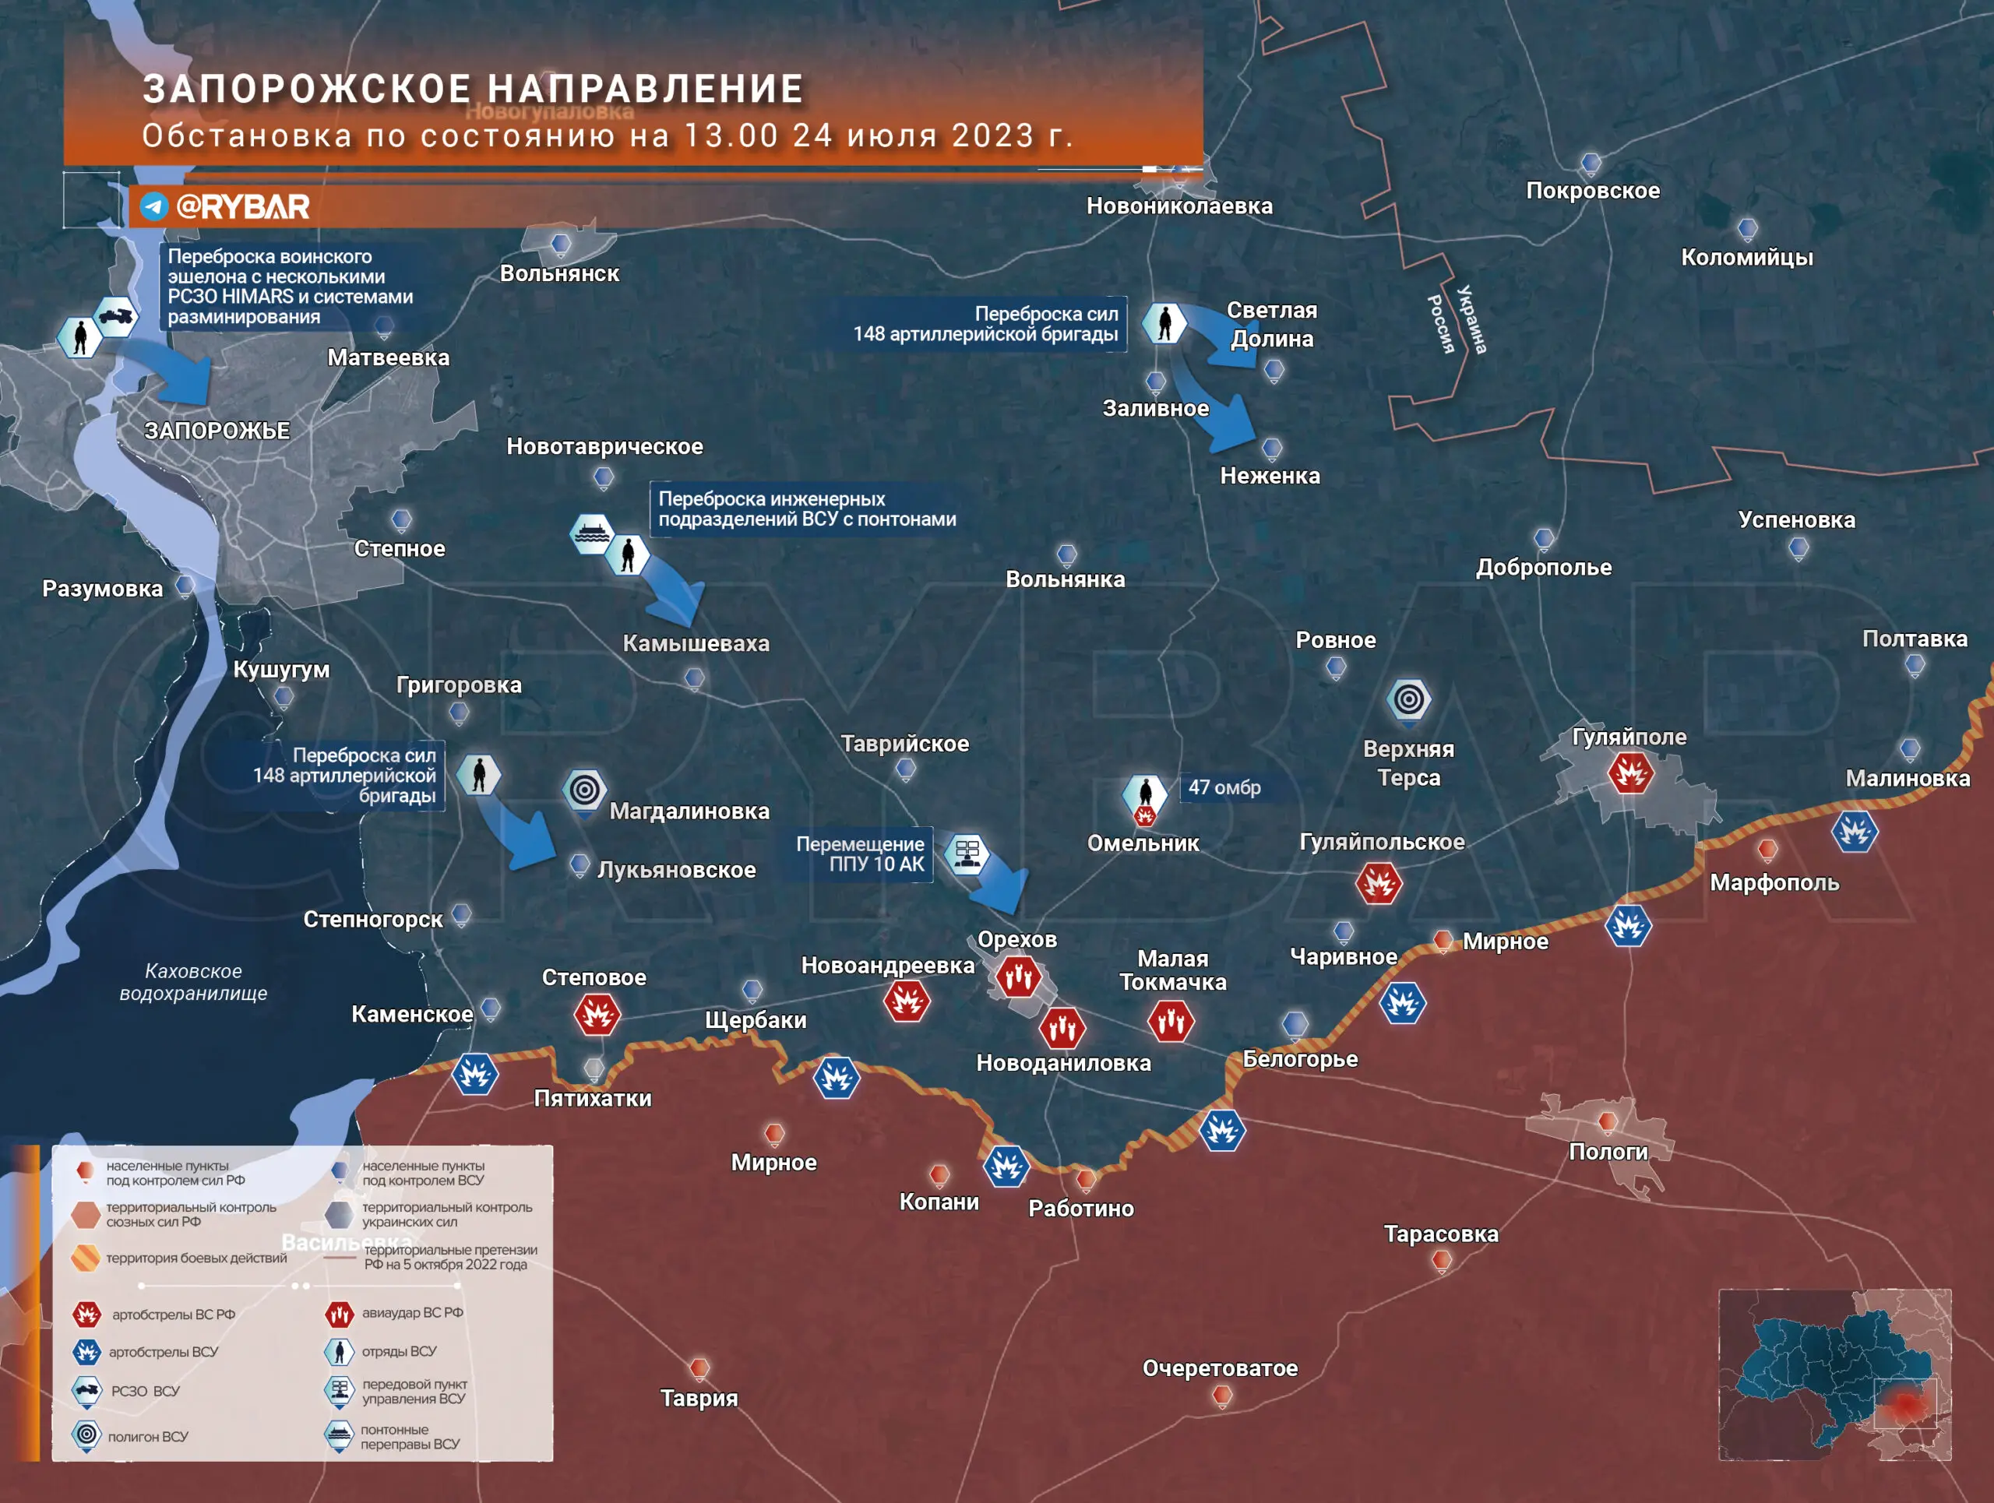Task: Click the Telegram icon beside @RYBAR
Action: coord(154,206)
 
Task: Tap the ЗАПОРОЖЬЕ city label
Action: coord(217,431)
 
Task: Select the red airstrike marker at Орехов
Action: coord(1019,977)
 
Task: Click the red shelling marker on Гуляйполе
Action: coord(1631,773)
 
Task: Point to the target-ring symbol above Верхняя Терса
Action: coord(1409,699)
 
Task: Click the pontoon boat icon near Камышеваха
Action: coord(591,533)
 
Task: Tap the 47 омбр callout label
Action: coord(1224,787)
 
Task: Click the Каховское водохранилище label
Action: coord(193,982)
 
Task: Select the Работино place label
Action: coord(1081,1209)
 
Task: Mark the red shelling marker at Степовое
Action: coord(597,1015)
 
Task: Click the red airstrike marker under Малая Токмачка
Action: coord(1171,1021)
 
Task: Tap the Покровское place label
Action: coord(1592,191)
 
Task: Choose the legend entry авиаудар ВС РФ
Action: coord(412,1313)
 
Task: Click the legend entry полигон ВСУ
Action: coord(148,1436)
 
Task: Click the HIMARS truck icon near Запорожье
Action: coord(116,316)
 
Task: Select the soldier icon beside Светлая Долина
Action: coord(1164,322)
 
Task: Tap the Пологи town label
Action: coord(1608,1152)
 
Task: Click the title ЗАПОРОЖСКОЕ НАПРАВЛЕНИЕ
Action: coord(472,90)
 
